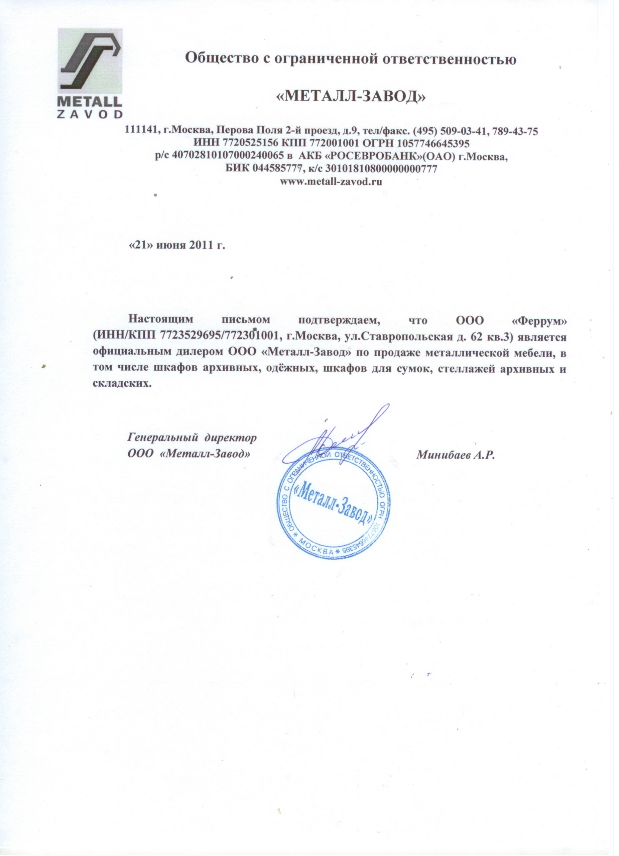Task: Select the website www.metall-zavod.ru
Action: point(331,182)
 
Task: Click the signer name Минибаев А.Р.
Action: point(456,455)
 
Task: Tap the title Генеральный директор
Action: point(193,438)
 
